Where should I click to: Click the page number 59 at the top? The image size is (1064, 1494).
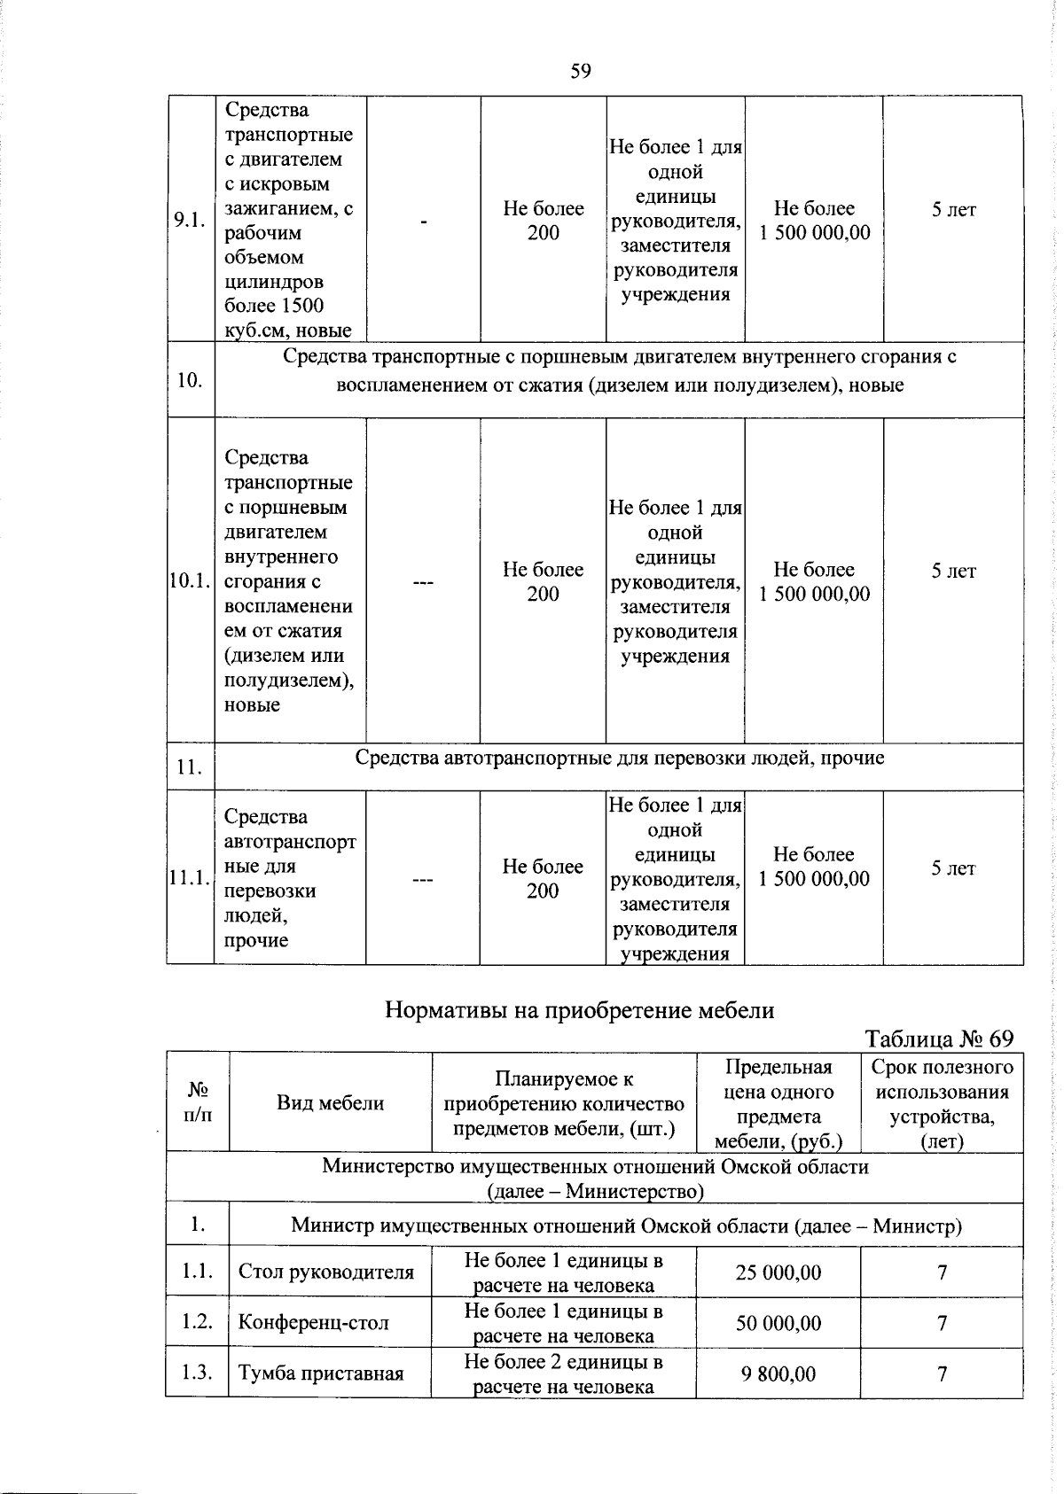click(x=581, y=71)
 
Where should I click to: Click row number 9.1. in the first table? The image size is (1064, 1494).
click(x=190, y=220)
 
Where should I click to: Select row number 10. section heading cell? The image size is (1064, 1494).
click(x=190, y=380)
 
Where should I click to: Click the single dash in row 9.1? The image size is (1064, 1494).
click(x=424, y=221)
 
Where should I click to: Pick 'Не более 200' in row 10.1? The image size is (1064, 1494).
click(x=543, y=581)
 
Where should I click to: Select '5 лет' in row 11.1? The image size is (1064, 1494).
click(x=953, y=868)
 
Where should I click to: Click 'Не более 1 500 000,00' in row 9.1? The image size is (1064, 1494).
click(x=814, y=221)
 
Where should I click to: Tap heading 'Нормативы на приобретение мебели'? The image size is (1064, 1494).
click(x=579, y=1010)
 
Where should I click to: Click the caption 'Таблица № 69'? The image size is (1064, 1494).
click(x=939, y=1039)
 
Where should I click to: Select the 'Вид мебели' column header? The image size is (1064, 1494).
click(x=330, y=1103)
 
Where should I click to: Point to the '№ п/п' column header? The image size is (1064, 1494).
click(x=197, y=1102)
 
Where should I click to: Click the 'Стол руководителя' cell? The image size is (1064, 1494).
click(x=326, y=1272)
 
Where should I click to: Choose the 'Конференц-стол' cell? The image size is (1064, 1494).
click(x=314, y=1323)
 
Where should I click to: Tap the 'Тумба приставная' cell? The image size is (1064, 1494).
click(x=321, y=1373)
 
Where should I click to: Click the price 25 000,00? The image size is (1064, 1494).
click(x=778, y=1272)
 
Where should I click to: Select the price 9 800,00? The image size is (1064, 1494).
click(x=778, y=1373)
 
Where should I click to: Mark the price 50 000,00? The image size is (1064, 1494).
click(x=778, y=1323)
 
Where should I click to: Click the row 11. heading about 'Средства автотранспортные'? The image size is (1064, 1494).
click(x=620, y=759)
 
